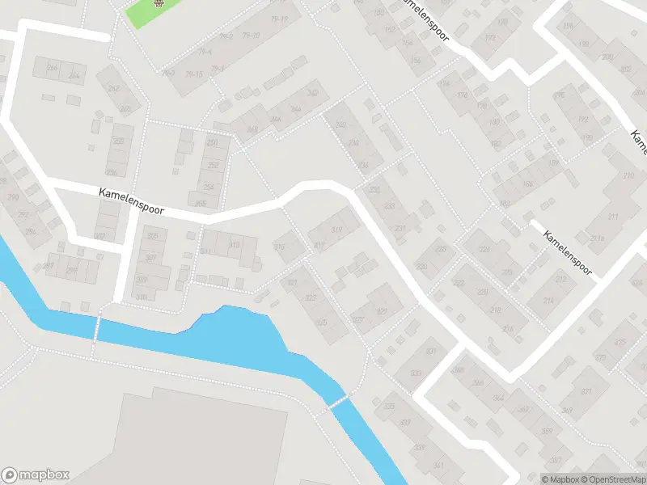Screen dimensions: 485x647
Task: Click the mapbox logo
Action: point(36,475)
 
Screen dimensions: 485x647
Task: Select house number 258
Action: point(212,143)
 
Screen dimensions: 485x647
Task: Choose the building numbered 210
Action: point(628,175)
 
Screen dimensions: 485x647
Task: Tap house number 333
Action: point(416,373)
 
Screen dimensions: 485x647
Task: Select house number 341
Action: point(438,466)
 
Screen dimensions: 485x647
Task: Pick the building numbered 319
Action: point(336,231)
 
